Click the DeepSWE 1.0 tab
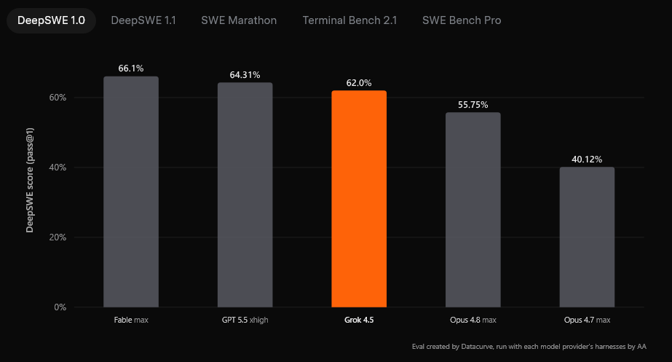pos(51,20)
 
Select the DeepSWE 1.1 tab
pos(143,20)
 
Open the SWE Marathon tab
pos(239,20)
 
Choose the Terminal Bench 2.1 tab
pos(349,20)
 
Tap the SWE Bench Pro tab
pos(462,20)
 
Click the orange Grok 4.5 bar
pos(359,199)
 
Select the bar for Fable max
pos(131,192)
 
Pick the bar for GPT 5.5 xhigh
pos(245,194)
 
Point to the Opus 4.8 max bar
pos(473,210)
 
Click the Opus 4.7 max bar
pos(587,237)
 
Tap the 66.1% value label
pos(131,68)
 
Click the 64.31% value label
pos(245,74)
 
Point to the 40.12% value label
pos(587,159)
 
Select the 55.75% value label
pos(473,105)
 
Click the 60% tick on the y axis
pos(58,98)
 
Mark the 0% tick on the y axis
pos(60,307)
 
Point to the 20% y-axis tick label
pos(58,237)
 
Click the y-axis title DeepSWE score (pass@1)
pos(30,180)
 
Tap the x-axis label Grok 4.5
pos(359,320)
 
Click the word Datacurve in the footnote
pos(477,347)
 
